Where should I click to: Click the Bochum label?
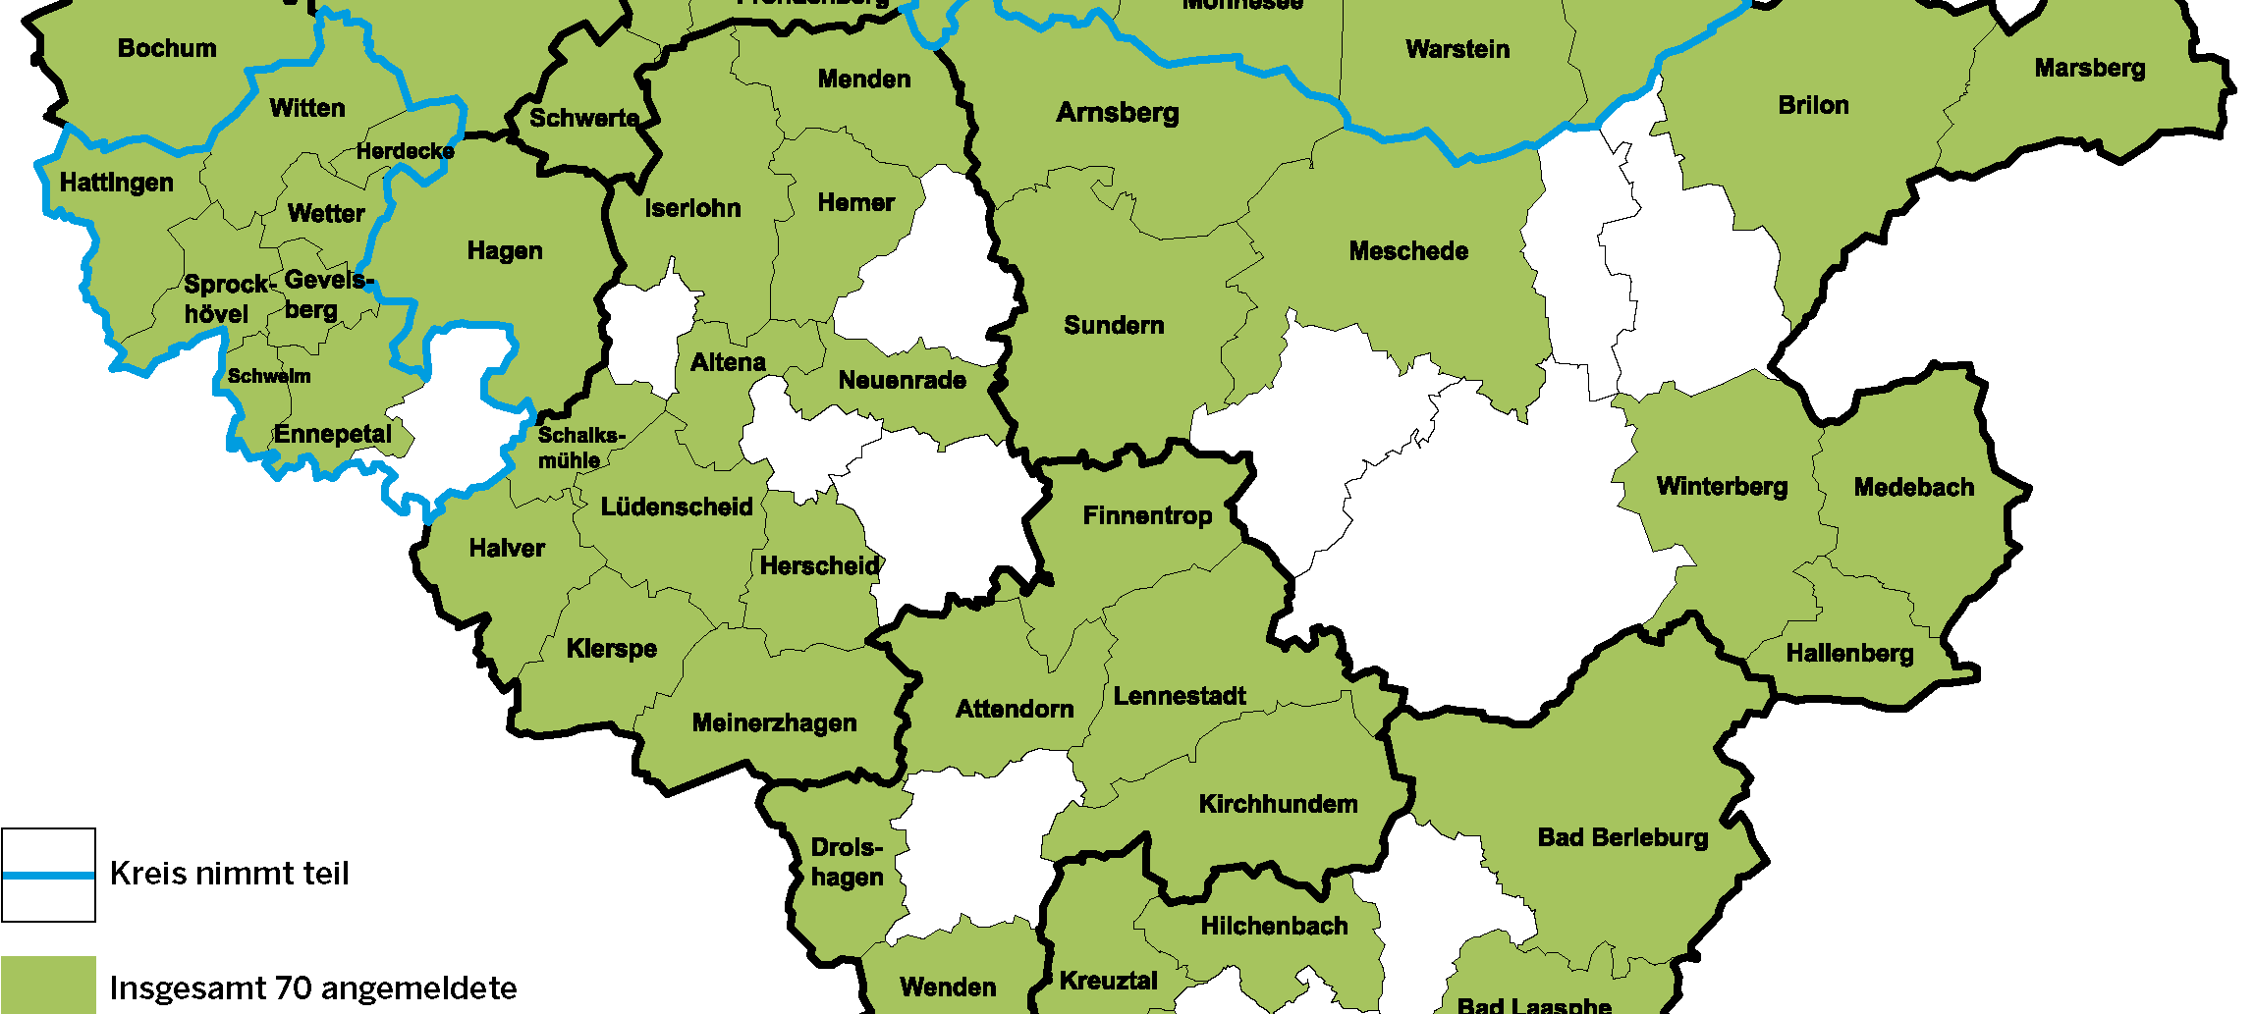click(167, 48)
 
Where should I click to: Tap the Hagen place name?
click(505, 251)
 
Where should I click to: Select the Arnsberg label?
click(1118, 114)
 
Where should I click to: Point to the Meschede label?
click(1408, 252)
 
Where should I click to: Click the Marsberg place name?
click(2090, 69)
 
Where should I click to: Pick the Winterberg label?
click(1722, 487)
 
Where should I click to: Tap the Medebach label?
click(1913, 488)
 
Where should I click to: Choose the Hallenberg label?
click(1849, 654)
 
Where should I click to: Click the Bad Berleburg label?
click(1622, 838)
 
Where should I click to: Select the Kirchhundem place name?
click(1278, 805)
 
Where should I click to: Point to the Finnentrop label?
click(1147, 516)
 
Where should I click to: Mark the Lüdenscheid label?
click(677, 507)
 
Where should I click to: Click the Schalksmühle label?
click(579, 448)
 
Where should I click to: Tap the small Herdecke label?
click(405, 152)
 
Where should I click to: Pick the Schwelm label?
click(269, 377)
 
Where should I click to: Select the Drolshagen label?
click(847, 863)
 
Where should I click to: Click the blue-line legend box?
click(48, 875)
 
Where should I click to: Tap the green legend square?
click(48, 985)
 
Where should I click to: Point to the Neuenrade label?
click(902, 381)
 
